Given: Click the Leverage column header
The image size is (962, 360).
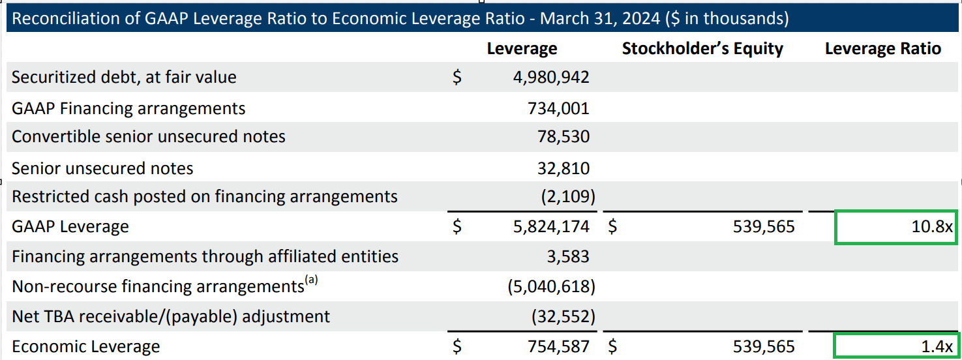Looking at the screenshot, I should tap(522, 48).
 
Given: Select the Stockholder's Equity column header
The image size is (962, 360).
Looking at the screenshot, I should tap(702, 48).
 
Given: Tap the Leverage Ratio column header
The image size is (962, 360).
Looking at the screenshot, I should tap(883, 48).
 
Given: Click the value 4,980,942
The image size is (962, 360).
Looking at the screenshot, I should tap(551, 78).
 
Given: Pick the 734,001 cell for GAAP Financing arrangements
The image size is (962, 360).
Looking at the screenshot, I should tap(558, 108).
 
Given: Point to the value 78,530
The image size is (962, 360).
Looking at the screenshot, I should tap(562, 137).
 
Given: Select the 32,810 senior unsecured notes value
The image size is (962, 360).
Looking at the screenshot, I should tap(562, 168).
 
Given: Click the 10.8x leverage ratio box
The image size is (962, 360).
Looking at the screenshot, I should tap(895, 227).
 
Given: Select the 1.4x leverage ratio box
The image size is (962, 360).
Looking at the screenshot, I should tap(895, 346).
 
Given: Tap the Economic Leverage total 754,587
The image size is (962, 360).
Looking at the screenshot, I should tap(558, 346).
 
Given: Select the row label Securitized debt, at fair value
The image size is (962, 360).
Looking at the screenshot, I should tap(124, 78).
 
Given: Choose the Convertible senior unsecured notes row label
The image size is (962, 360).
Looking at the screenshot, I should tap(149, 137).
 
